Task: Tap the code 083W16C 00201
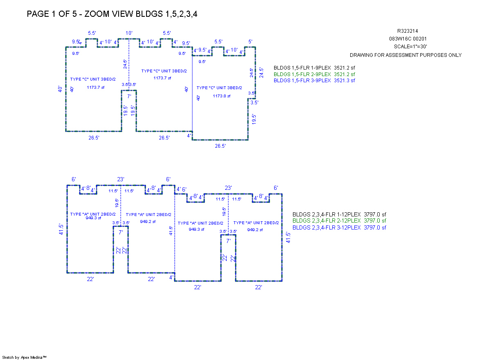[x=405, y=39]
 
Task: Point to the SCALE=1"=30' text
[x=405, y=47]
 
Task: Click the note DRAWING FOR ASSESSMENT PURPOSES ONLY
[x=405, y=55]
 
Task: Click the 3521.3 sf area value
[x=345, y=81]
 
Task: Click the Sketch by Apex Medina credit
[x=25, y=357]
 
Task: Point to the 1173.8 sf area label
[x=221, y=96]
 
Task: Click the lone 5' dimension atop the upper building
[x=250, y=42]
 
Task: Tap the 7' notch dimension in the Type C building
[x=129, y=96]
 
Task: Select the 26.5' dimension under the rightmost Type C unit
[x=220, y=146]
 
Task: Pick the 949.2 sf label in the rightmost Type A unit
[x=254, y=230]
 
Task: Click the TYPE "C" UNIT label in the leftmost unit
[x=93, y=79]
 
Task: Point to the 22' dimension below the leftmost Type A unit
[x=90, y=279]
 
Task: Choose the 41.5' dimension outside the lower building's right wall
[x=288, y=238]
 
